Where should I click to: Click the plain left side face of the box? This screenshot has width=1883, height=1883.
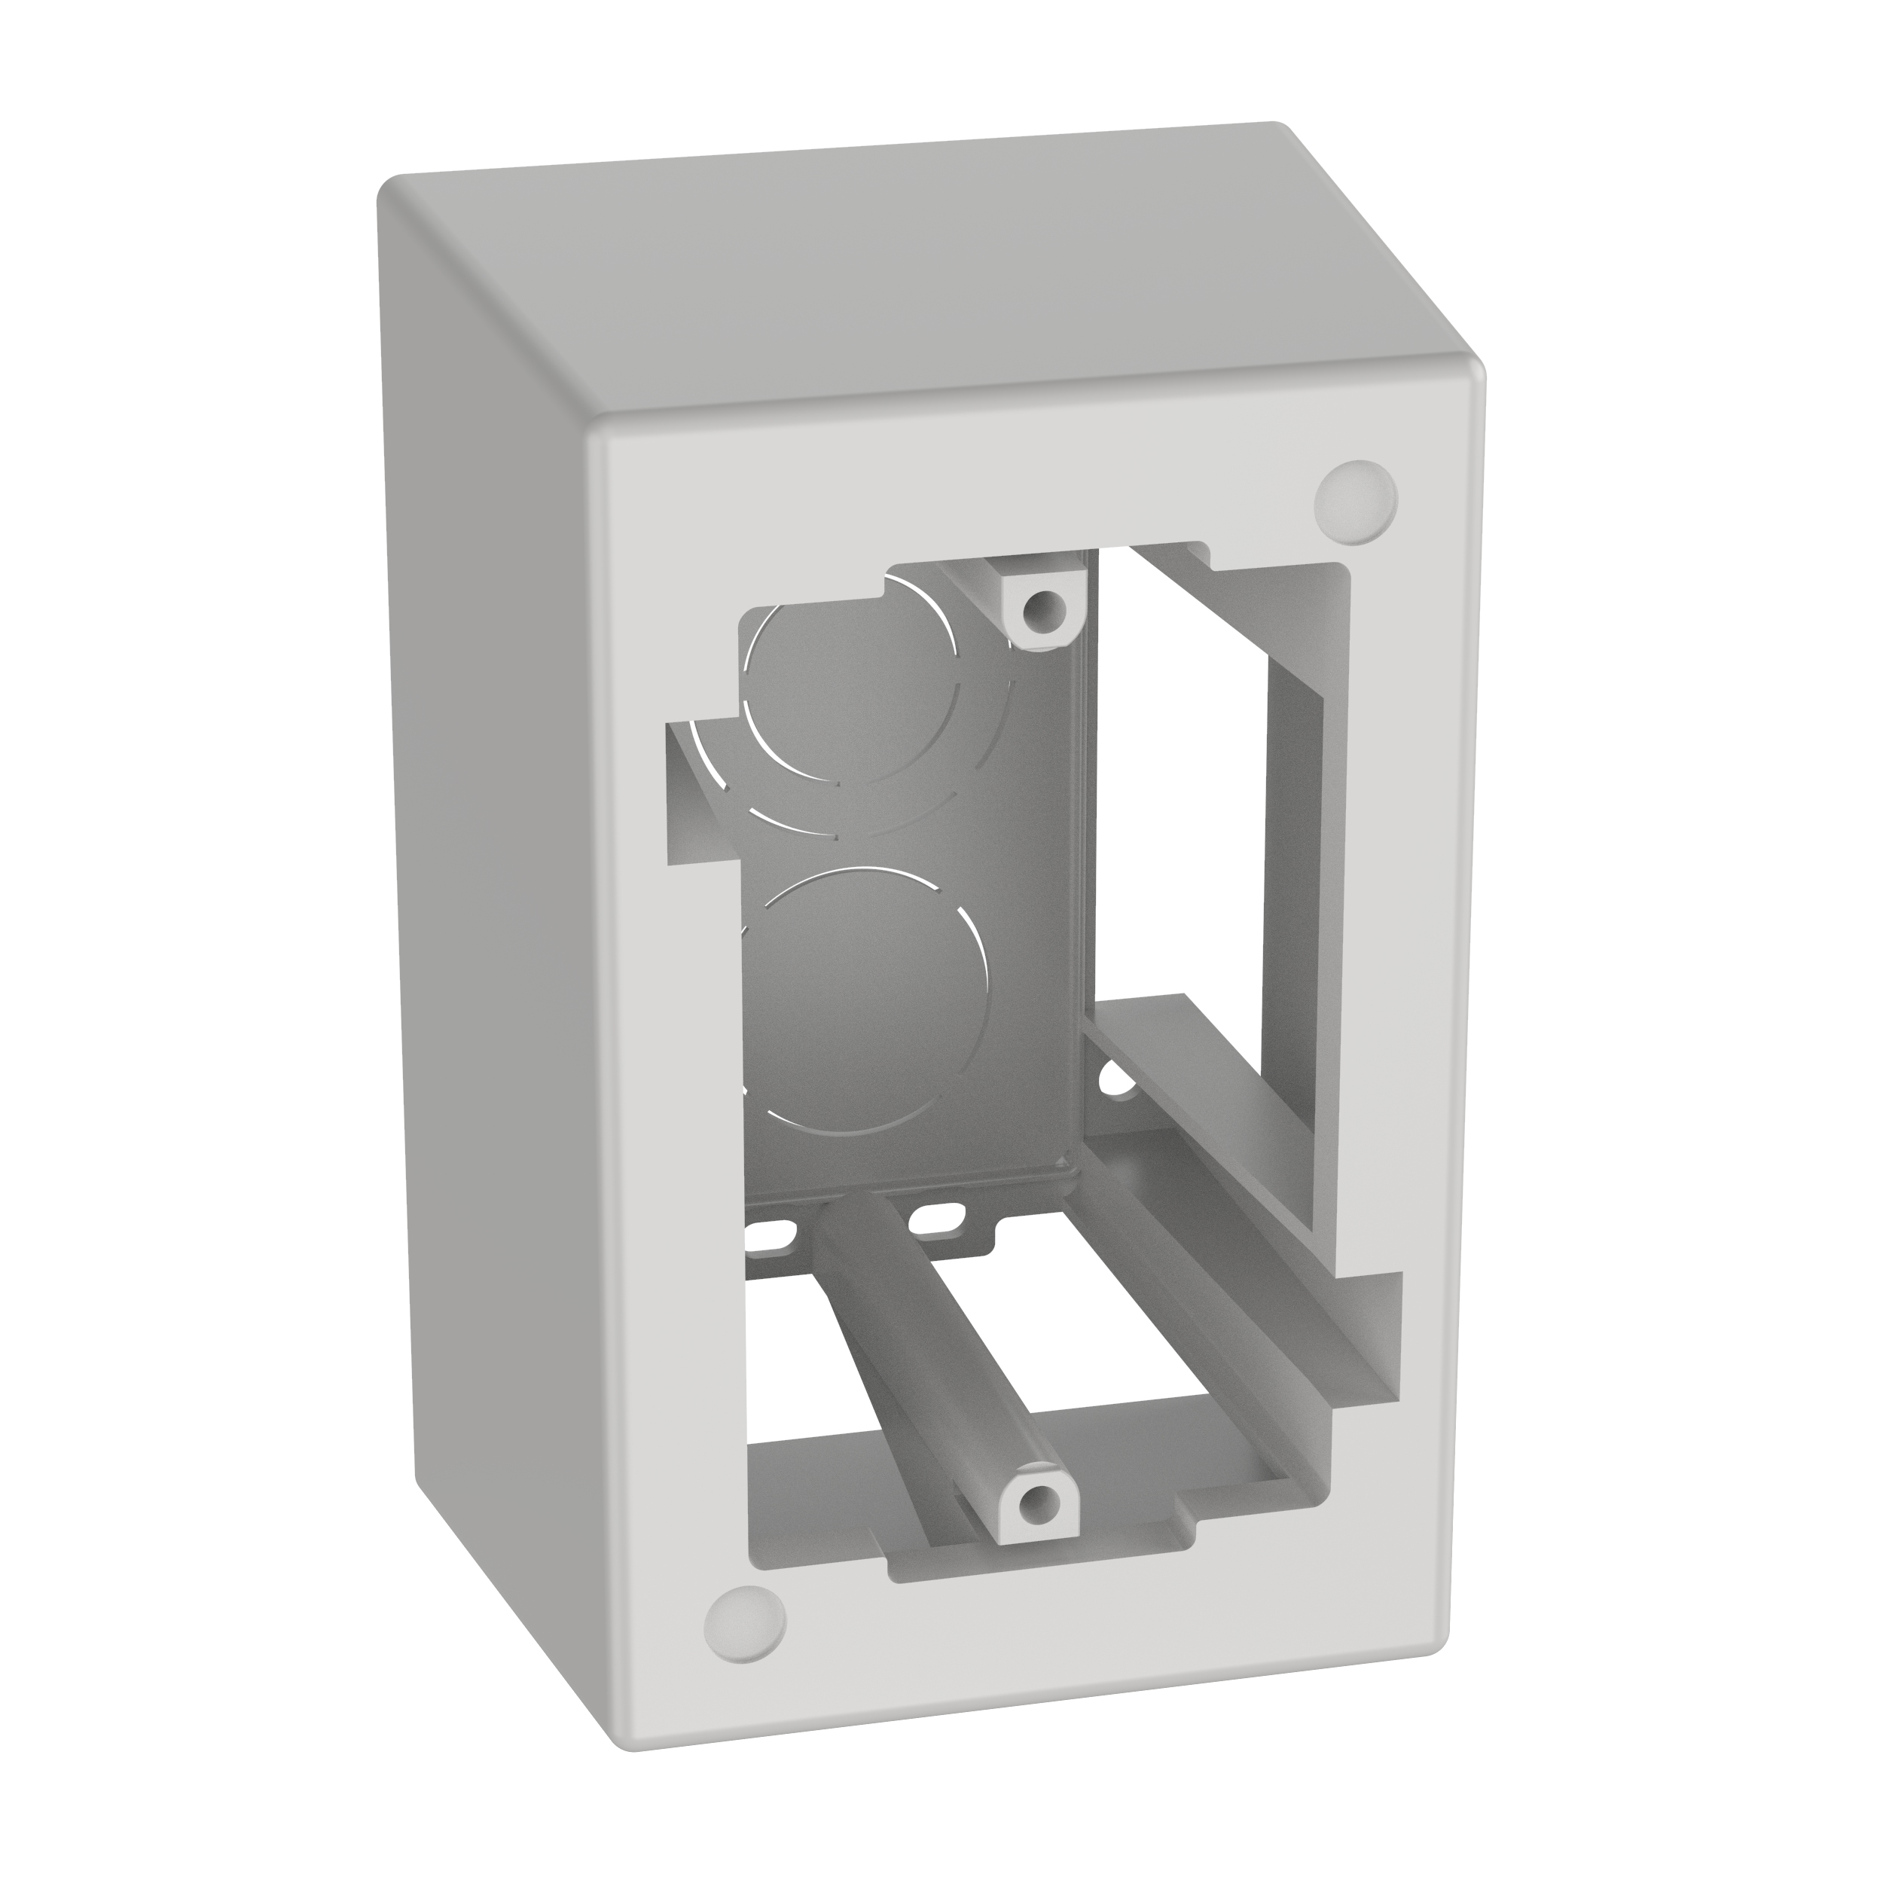click(x=487, y=877)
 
